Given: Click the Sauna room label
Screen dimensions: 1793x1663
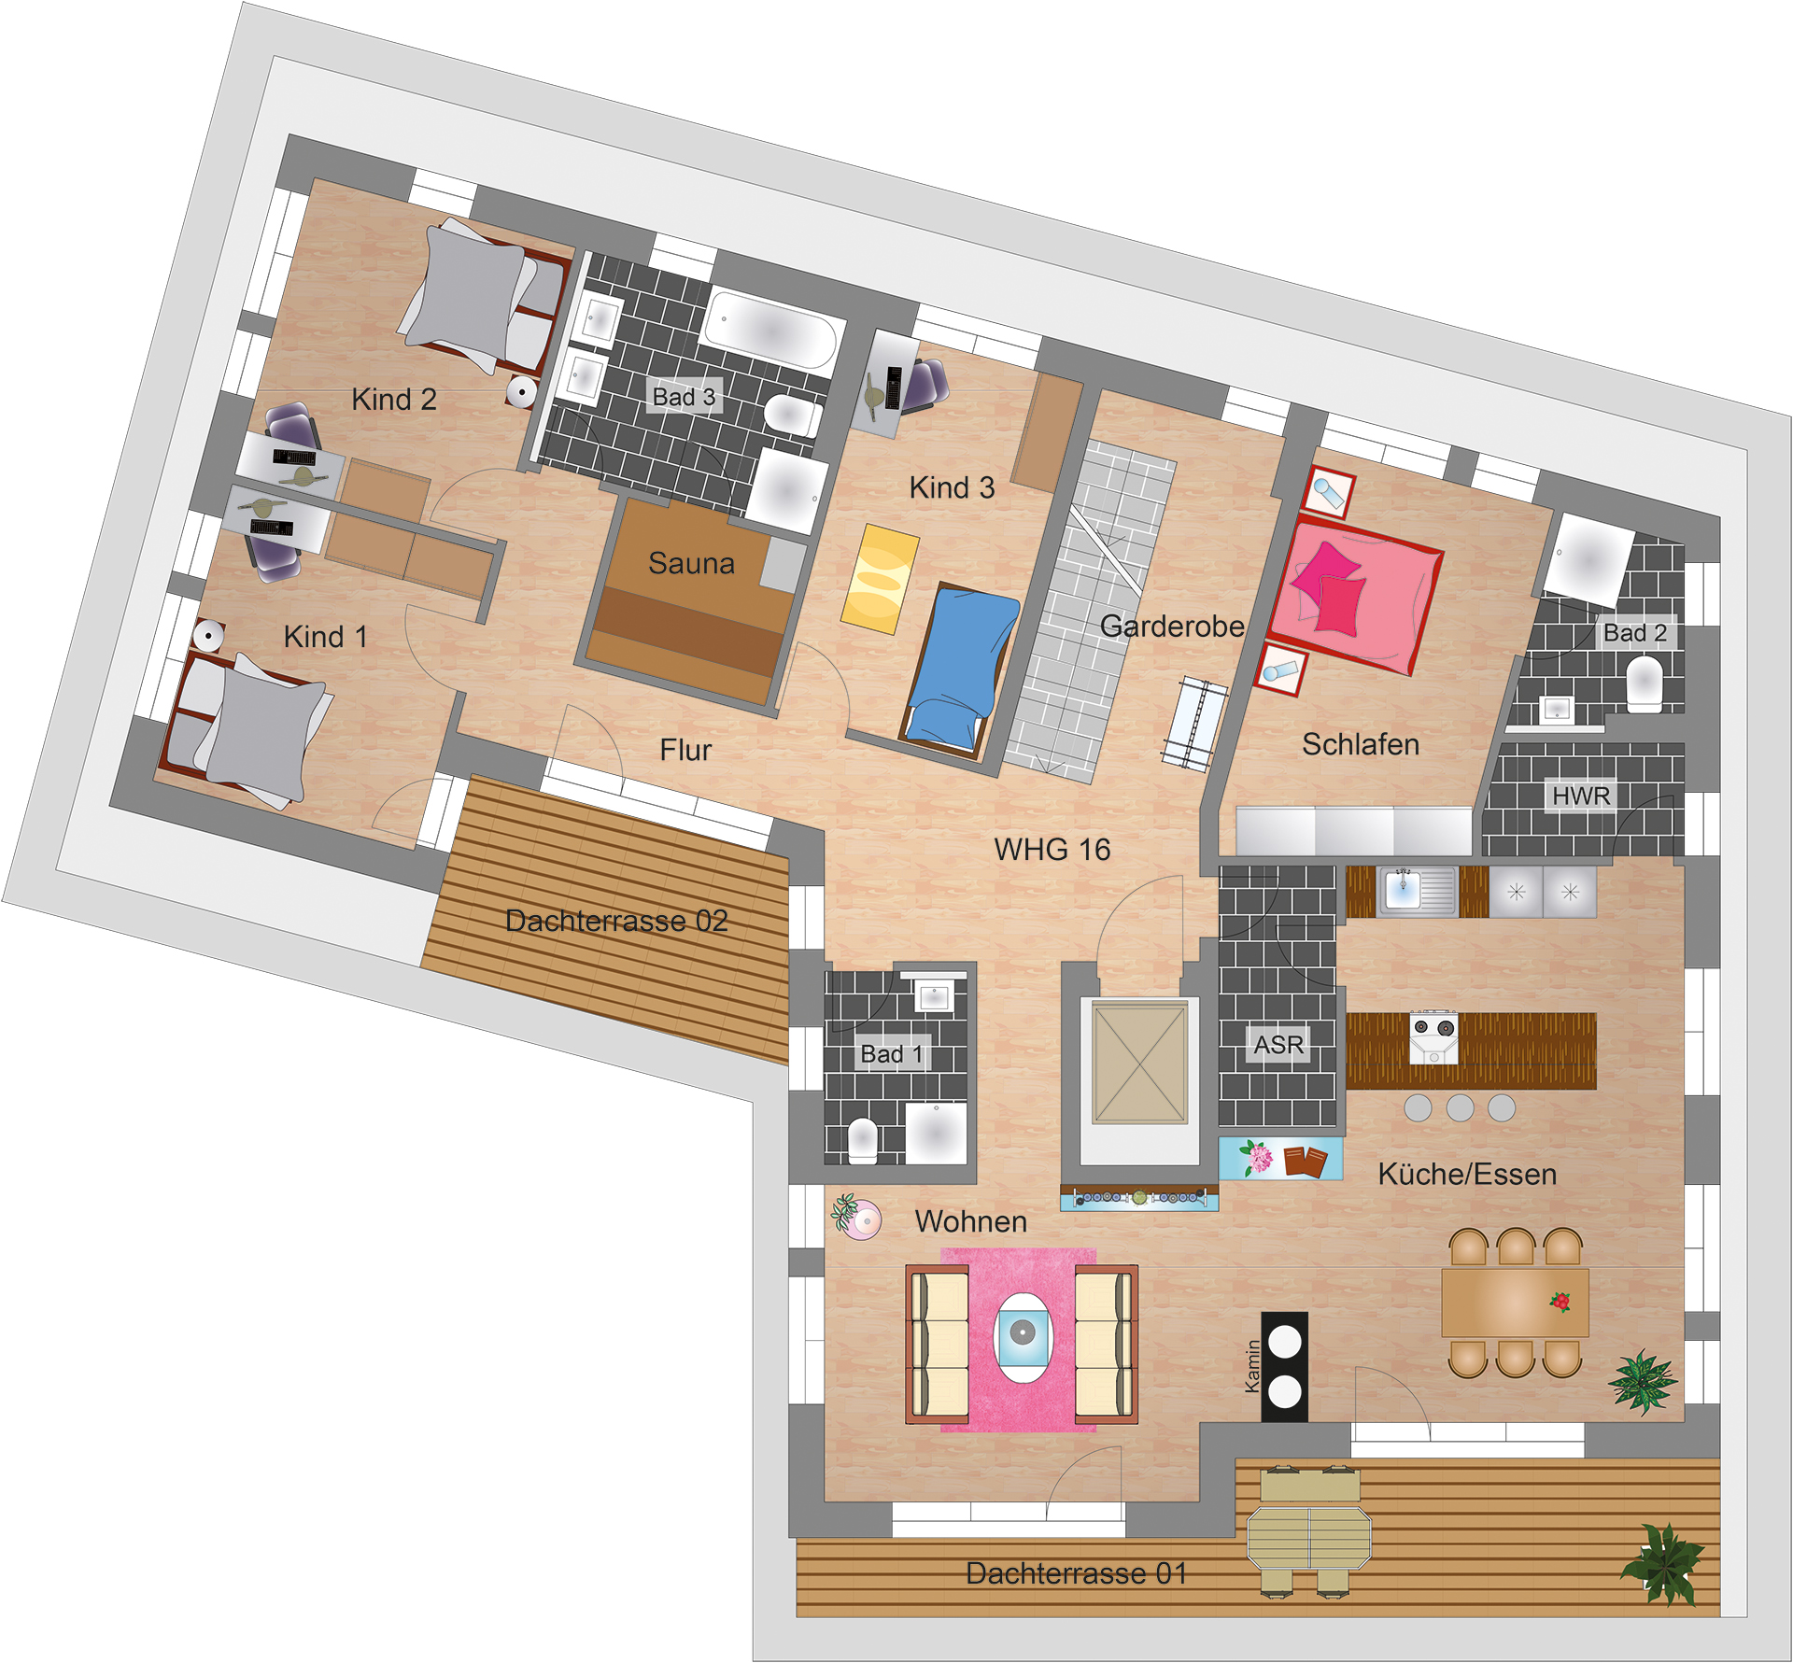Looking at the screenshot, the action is pos(691,563).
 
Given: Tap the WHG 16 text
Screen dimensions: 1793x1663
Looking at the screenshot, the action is pos(1052,849).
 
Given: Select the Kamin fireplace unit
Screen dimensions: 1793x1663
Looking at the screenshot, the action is pos(1285,1367).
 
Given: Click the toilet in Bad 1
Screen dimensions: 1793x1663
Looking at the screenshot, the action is pos(863,1140).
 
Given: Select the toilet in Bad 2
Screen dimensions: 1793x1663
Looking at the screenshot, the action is pos(1645,684).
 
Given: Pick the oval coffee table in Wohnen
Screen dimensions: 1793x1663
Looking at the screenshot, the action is pos(1024,1337).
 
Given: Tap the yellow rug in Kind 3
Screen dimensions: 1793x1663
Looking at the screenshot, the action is pos(881,579).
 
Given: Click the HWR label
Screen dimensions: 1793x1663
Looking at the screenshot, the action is pos(1581,796).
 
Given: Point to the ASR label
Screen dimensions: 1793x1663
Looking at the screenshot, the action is pos(1278,1045).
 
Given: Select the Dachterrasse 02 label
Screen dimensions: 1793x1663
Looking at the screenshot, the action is pos(616,921).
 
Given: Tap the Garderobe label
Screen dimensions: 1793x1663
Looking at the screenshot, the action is pos(1172,626).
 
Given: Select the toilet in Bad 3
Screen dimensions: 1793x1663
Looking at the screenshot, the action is pos(793,416).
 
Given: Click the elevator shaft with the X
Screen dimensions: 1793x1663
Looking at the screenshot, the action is pos(1140,1063).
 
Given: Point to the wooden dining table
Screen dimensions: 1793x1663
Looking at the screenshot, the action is pos(1515,1302).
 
